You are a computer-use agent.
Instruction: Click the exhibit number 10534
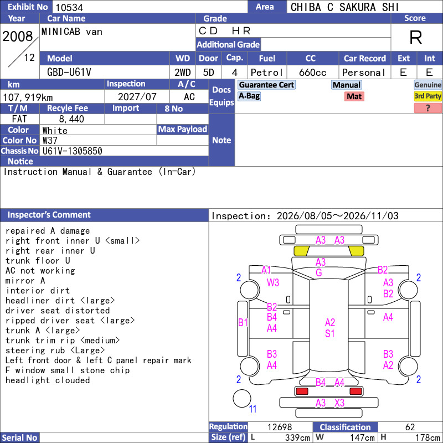pos(69,7)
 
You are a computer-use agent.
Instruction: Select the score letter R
pos(416,37)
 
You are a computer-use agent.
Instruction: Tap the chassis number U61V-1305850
pos(72,151)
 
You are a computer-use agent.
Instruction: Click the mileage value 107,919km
pos(28,97)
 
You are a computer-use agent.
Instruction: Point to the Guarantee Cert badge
pos(266,85)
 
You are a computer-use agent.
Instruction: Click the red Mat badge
pos(354,96)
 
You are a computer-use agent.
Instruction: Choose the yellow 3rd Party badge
pos(427,96)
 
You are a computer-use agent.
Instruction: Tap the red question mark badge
pos(427,108)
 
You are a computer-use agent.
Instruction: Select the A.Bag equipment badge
pos(249,96)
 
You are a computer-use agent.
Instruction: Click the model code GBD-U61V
pos(69,73)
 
